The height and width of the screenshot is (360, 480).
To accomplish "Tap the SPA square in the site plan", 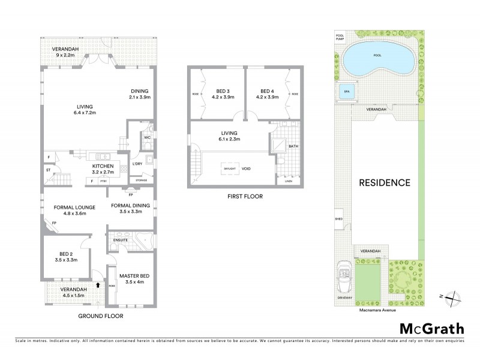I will point(345,92).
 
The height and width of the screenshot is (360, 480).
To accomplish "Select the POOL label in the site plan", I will point(377,55).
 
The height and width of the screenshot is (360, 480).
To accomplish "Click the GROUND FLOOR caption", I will point(101,316).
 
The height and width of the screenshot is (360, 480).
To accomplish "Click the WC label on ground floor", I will point(147,137).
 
